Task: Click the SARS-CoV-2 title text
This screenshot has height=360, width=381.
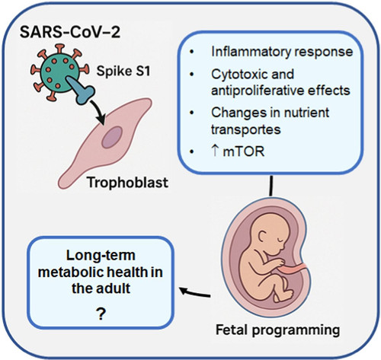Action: click(x=70, y=32)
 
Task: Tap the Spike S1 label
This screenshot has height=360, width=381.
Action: click(x=123, y=71)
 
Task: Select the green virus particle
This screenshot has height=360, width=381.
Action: click(x=60, y=72)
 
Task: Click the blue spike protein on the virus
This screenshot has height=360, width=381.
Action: click(x=81, y=90)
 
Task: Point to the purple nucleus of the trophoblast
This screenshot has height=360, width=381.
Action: click(x=112, y=138)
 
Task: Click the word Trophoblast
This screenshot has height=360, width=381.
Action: click(x=127, y=182)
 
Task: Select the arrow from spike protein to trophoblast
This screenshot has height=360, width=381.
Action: click(x=98, y=112)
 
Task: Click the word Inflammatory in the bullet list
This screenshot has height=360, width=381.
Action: click(x=250, y=52)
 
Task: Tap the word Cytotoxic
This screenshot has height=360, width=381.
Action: click(x=237, y=75)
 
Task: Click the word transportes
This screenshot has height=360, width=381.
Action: click(x=245, y=129)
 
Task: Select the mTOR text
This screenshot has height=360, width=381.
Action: click(x=244, y=151)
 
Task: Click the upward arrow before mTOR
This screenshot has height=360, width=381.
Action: click(x=215, y=151)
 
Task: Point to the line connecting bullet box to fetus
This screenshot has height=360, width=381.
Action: click(x=271, y=186)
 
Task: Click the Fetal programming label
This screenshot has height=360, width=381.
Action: click(x=277, y=330)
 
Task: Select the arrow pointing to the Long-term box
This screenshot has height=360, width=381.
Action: click(x=195, y=293)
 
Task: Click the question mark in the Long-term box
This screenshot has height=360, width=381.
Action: click(x=101, y=314)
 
